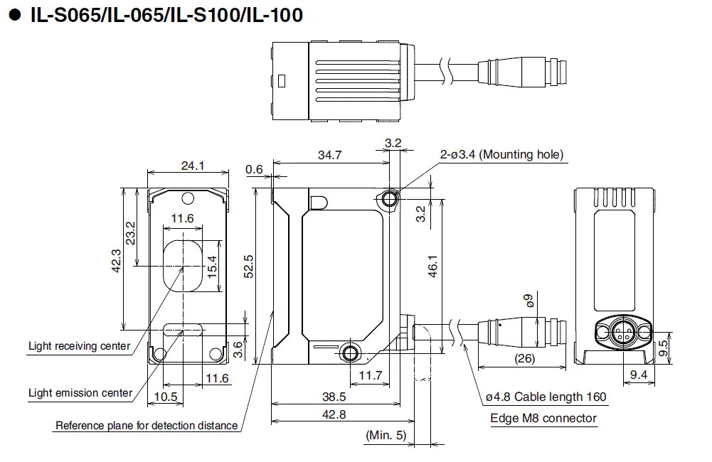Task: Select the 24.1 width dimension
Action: (193, 166)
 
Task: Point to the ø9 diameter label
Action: (528, 301)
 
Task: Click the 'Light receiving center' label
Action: (79, 346)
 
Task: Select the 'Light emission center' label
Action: (80, 392)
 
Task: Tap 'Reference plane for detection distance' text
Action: (147, 426)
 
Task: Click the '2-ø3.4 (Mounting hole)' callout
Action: (501, 154)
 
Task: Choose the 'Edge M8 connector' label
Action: (543, 418)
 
